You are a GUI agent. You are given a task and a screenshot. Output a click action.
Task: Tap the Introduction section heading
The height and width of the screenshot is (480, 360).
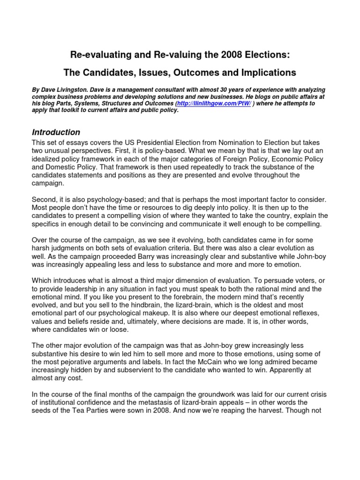tap(56, 132)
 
